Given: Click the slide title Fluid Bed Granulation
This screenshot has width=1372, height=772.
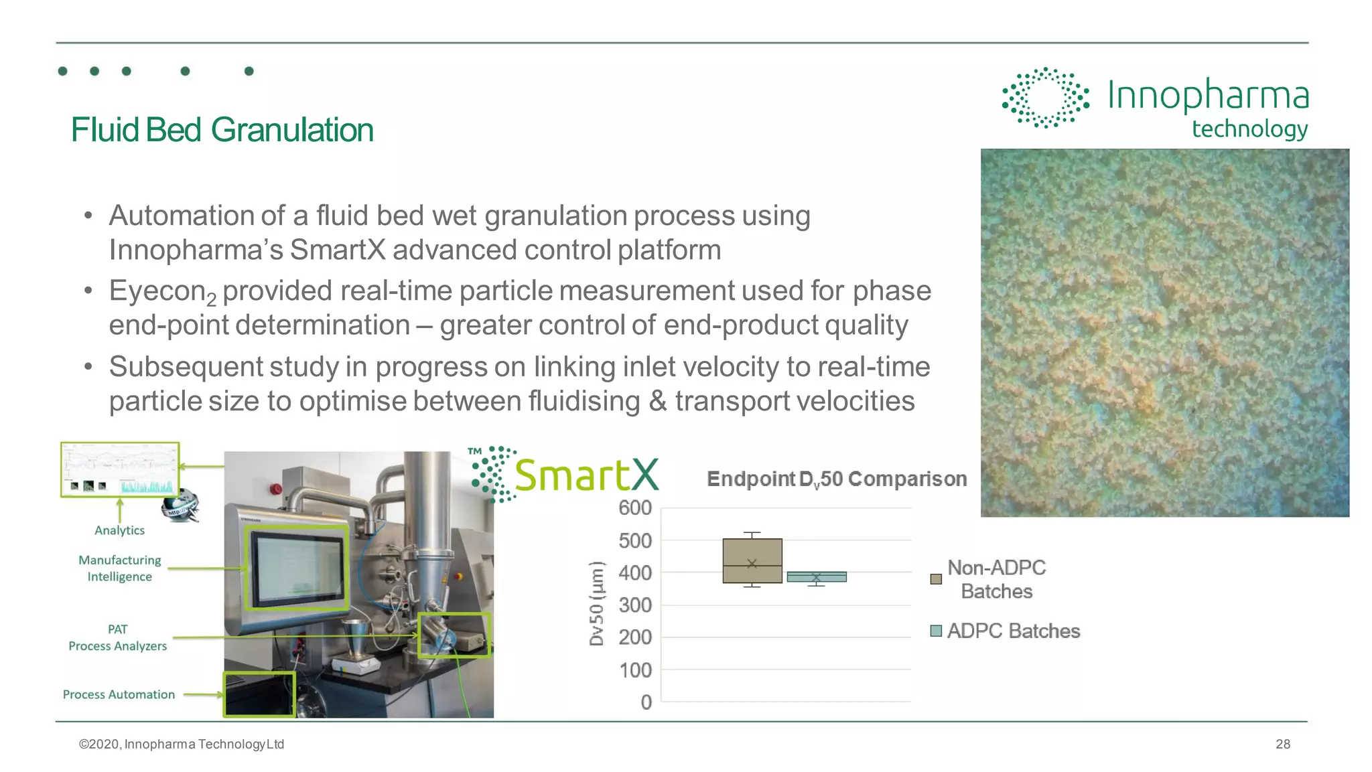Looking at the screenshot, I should (x=222, y=130).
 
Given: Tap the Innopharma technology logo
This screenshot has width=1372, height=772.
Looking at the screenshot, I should (x=1155, y=104).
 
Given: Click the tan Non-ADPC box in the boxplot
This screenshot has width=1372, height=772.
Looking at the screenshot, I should (x=752, y=560).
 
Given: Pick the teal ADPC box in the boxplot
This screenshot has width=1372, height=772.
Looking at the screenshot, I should (x=816, y=576).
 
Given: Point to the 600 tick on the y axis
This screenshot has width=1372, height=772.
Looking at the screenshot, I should (x=634, y=508).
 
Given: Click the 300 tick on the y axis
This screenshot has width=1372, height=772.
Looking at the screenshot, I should (x=634, y=605).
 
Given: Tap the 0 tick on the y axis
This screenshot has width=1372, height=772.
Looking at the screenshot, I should (x=646, y=702).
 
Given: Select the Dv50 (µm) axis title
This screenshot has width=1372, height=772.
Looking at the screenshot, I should (x=596, y=603).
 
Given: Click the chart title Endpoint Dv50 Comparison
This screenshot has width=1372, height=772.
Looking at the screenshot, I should (x=836, y=479).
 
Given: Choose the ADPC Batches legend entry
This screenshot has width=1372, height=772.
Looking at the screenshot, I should (x=1012, y=631).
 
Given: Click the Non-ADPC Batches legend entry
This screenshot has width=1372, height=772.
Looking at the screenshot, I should (x=996, y=579).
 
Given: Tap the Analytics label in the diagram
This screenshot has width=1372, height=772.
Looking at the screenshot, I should (x=119, y=530).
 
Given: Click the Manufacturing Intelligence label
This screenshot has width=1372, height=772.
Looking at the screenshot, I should (x=119, y=568).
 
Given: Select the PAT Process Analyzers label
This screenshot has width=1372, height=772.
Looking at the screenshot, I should (x=117, y=637).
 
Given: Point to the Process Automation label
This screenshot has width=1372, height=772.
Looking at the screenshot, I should (x=119, y=694).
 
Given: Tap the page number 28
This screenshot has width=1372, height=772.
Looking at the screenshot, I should (x=1282, y=744).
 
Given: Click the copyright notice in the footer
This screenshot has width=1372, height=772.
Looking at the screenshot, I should (x=182, y=744).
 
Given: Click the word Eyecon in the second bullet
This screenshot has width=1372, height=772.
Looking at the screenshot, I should (x=157, y=291).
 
